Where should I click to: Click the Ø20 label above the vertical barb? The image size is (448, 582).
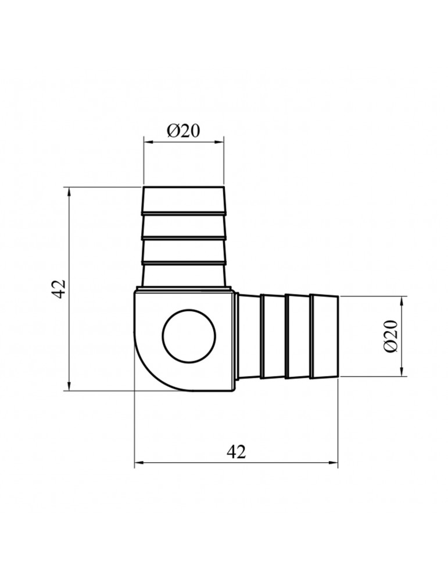(183, 130)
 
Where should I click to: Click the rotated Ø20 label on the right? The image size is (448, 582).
(391, 336)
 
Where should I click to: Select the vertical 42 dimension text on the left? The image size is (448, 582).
(59, 289)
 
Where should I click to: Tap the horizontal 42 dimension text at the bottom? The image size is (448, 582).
(236, 452)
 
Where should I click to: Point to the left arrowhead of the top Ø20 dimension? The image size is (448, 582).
(148, 141)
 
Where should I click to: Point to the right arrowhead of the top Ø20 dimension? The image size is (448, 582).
(220, 141)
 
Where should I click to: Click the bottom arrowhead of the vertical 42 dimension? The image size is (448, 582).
(69, 385)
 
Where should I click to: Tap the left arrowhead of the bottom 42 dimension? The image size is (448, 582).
(139, 463)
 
